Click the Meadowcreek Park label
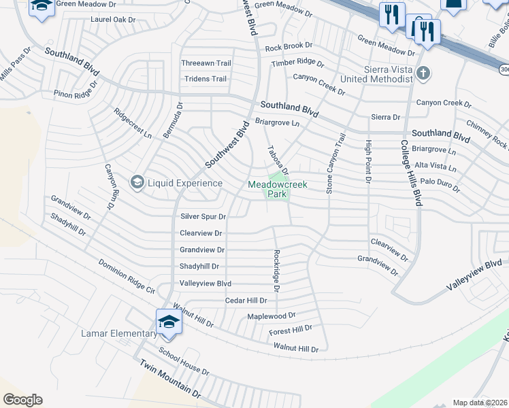click(277, 189)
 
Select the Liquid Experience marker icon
click(137, 182)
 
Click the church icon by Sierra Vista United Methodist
click(423, 72)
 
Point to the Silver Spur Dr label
click(202, 216)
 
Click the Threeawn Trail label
click(206, 63)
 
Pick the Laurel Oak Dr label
click(113, 20)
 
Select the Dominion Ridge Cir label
click(127, 276)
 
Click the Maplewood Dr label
click(271, 316)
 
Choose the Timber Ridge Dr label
click(297, 62)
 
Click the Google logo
click(22, 400)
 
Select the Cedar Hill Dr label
click(246, 300)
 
